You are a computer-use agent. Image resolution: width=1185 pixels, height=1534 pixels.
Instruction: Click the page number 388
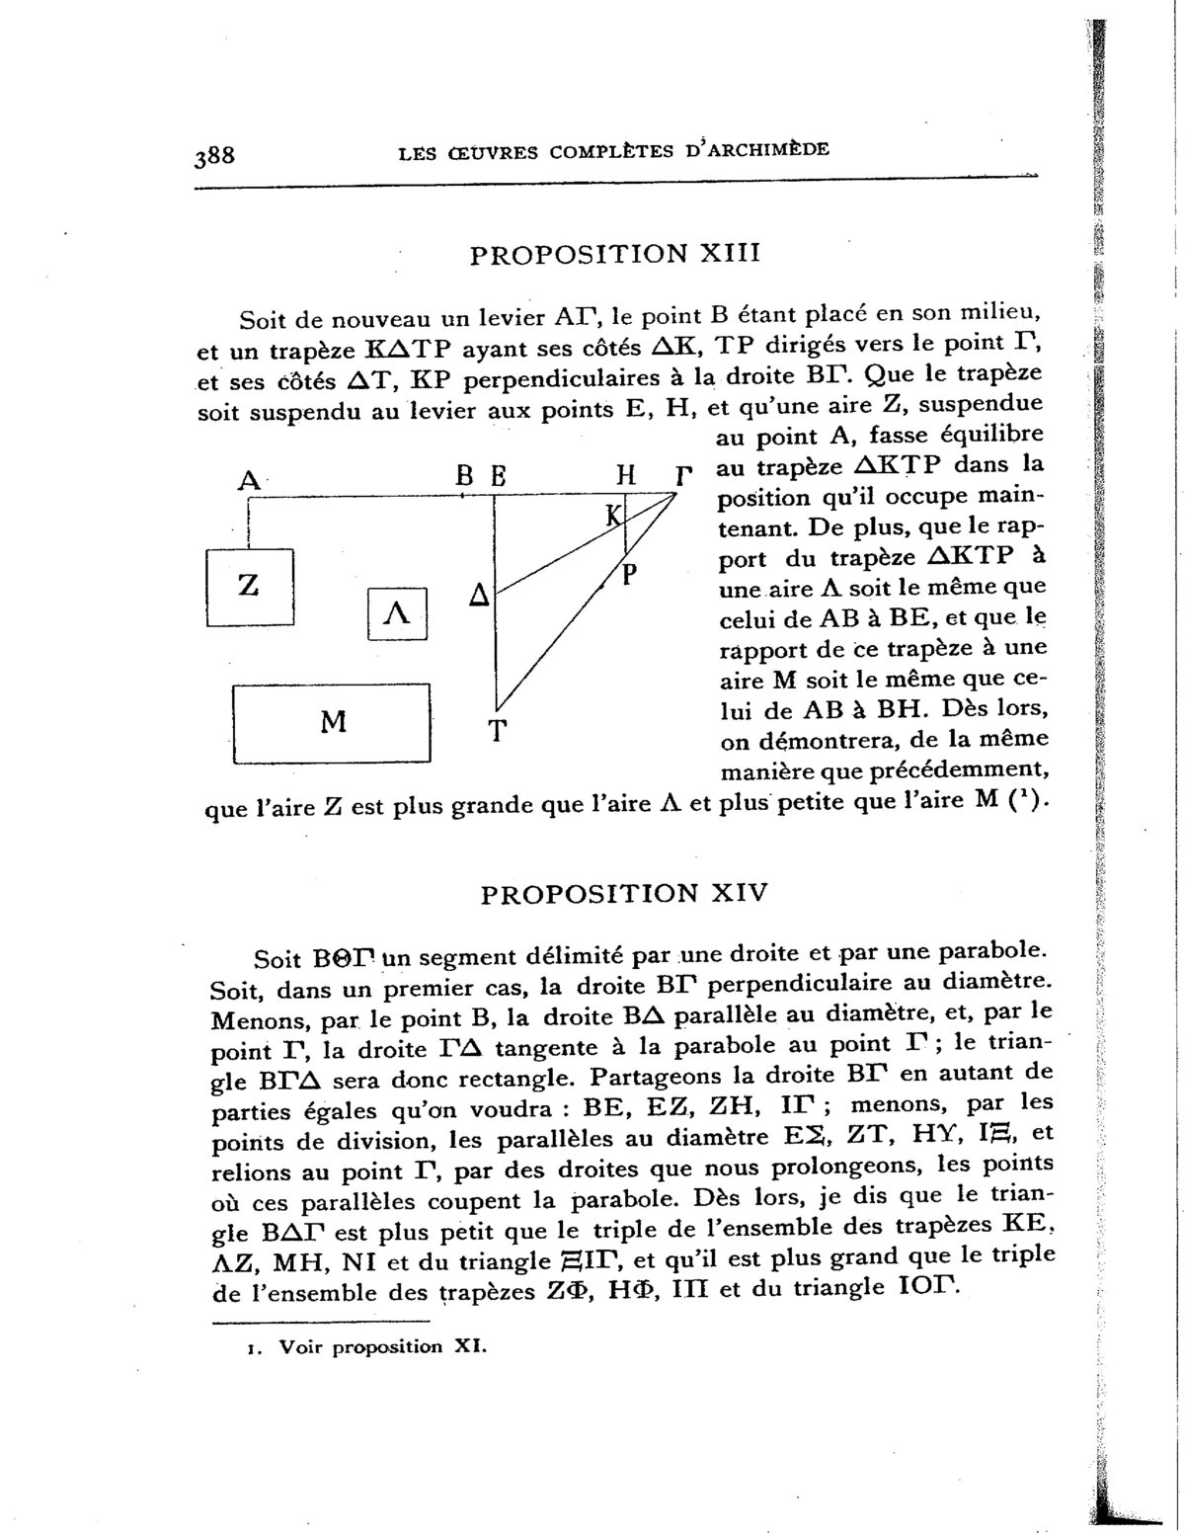pyautogui.click(x=214, y=156)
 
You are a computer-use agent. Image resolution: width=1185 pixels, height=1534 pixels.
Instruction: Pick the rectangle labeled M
pyautogui.click(x=333, y=723)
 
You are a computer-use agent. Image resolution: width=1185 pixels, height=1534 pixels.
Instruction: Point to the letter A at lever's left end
pyautogui.click(x=248, y=480)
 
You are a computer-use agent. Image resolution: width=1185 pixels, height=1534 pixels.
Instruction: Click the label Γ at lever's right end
pyautogui.click(x=679, y=477)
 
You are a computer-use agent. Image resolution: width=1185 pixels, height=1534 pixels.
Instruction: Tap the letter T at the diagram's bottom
pyautogui.click(x=498, y=732)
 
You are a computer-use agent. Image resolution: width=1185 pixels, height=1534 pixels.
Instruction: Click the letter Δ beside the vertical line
pyautogui.click(x=479, y=597)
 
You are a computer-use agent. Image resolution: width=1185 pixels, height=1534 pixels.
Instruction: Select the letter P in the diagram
pyautogui.click(x=628, y=574)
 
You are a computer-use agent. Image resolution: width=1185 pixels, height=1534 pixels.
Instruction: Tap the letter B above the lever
pyautogui.click(x=464, y=476)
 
